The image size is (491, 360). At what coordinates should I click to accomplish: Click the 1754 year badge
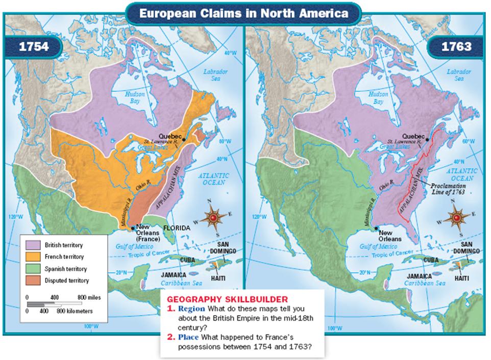(33, 47)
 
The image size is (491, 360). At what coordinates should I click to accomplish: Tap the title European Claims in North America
(245, 12)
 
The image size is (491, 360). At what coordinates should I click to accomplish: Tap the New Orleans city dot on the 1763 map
(376, 229)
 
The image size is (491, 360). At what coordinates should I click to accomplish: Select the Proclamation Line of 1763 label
(450, 188)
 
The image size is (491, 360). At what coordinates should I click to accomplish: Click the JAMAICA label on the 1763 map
(419, 274)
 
